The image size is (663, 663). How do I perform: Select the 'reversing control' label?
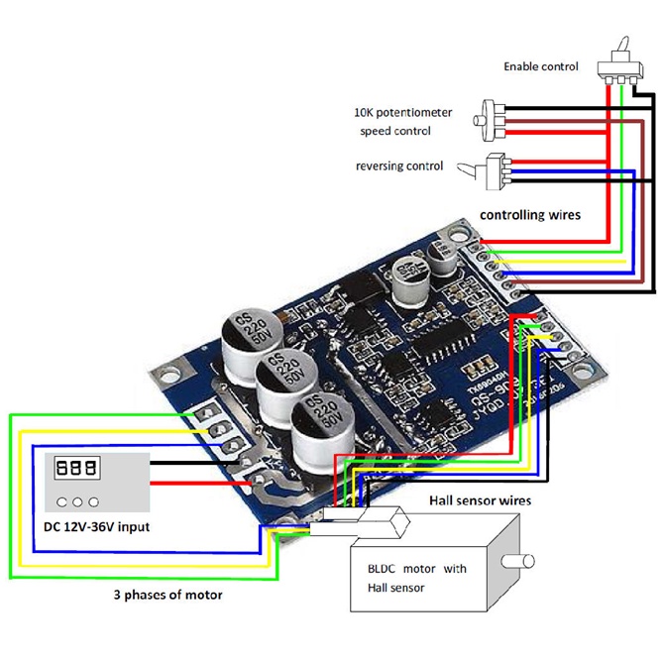click(x=399, y=166)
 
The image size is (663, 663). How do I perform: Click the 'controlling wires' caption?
click(x=530, y=214)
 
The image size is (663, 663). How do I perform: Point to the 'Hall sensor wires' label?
click(x=480, y=500)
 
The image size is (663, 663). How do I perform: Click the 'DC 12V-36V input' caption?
click(x=97, y=526)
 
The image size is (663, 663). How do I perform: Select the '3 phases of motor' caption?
click(x=166, y=595)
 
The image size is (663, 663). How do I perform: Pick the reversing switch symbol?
click(x=495, y=170)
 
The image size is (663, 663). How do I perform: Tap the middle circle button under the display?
click(x=78, y=500)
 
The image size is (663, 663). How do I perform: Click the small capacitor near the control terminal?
click(x=407, y=276)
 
